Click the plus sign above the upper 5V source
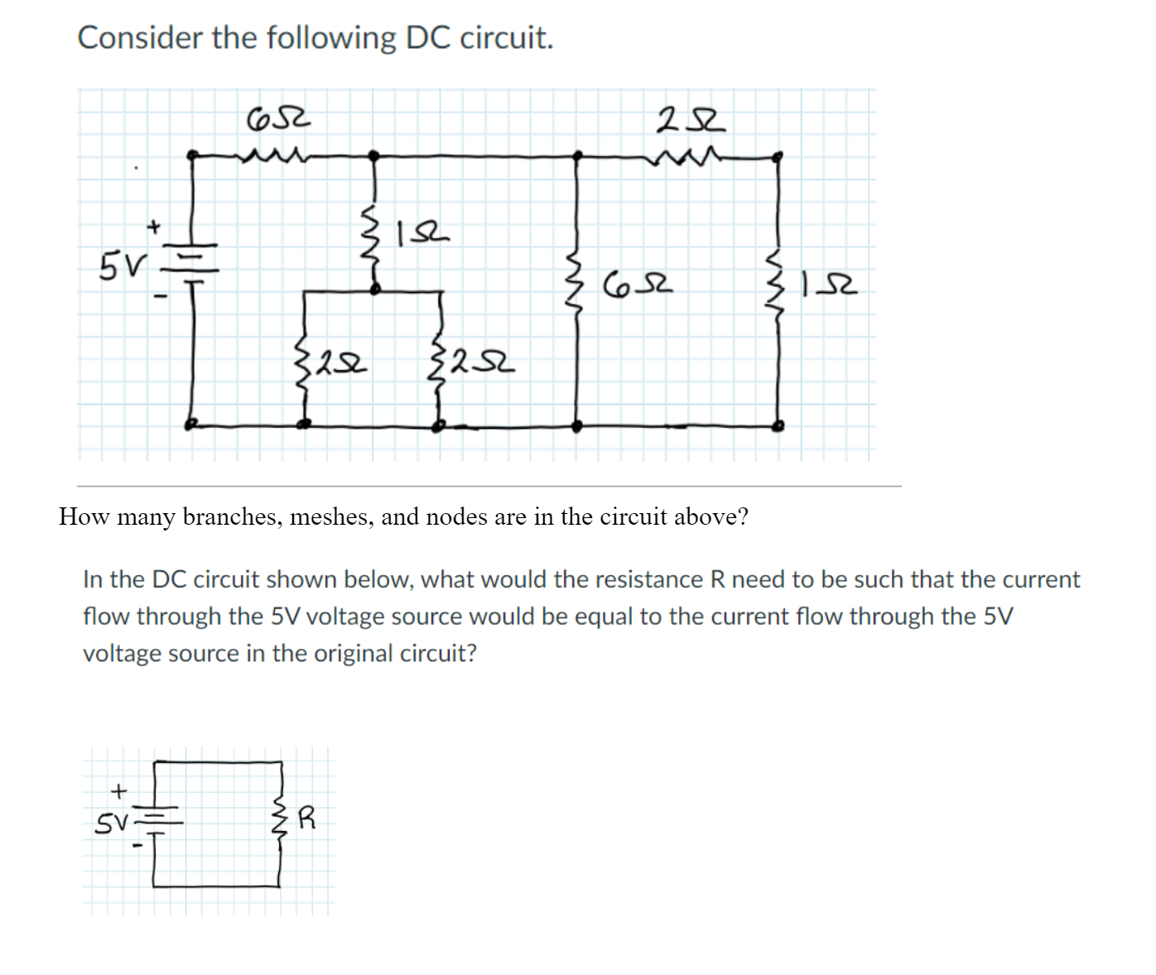153,224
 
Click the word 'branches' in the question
232,516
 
